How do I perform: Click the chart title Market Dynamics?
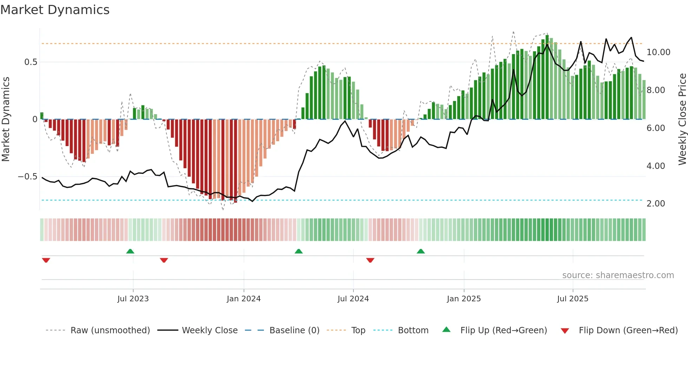(55, 10)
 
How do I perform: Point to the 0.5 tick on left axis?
(31, 62)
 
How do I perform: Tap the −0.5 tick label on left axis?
(27, 177)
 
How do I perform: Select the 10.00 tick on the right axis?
(658, 52)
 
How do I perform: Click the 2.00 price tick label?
(655, 204)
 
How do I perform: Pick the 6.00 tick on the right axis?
(655, 128)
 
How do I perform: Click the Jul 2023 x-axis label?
(133, 299)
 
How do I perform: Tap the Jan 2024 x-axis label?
(244, 299)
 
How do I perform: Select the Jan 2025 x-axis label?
(464, 299)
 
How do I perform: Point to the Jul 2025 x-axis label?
(573, 299)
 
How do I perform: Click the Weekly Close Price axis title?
(682, 119)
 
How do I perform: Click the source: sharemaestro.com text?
(618, 275)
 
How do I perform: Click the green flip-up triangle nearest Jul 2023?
(130, 251)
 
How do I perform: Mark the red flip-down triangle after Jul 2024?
(370, 260)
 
